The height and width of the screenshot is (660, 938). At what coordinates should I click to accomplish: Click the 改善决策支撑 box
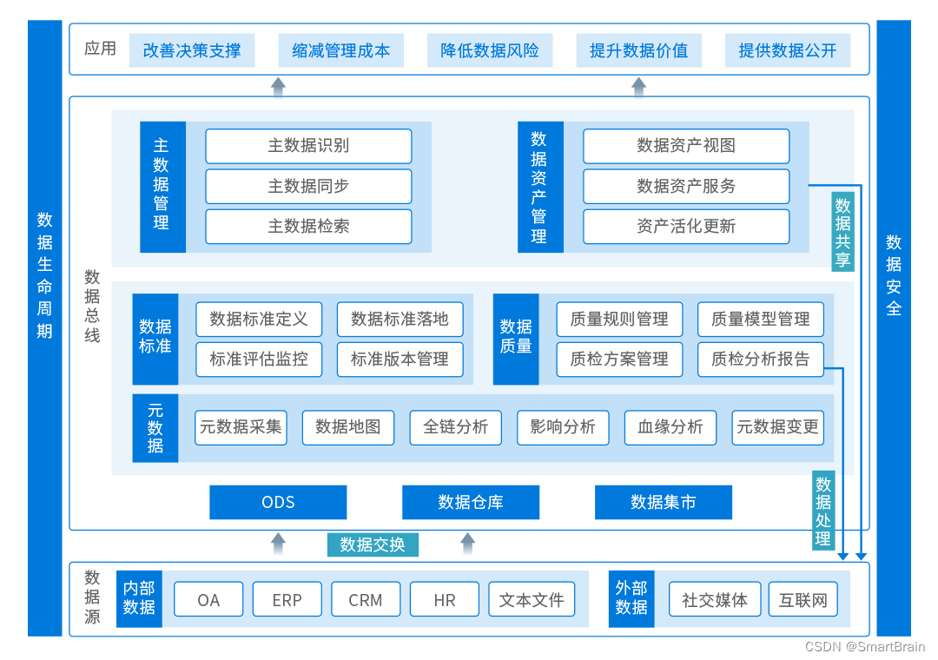coord(192,50)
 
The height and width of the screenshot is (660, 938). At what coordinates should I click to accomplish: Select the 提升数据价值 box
coord(638,50)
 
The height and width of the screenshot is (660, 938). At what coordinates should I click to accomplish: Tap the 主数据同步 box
coord(308,186)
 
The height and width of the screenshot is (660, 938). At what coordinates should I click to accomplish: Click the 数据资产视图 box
coord(686,146)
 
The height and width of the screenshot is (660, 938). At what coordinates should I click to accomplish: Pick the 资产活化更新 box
coord(686,227)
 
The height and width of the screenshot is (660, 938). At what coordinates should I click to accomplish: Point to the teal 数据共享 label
coord(842,232)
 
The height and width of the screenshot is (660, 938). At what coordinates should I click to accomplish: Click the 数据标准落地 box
coord(400,320)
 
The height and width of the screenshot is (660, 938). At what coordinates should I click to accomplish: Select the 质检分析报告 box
coord(760,360)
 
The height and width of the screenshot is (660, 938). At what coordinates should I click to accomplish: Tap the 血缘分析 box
coord(670,427)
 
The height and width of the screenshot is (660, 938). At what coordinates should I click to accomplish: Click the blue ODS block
coord(278,502)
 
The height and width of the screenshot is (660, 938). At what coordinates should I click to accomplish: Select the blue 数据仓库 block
coord(471,502)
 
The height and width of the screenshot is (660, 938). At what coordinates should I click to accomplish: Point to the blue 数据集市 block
coord(663,502)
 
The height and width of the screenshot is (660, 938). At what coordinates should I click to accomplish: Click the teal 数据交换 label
coord(373,544)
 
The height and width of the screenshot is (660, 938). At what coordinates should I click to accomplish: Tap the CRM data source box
coord(366,600)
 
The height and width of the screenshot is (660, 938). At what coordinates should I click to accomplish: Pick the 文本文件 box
coord(532,600)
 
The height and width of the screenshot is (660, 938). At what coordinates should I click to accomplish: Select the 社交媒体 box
coord(715,600)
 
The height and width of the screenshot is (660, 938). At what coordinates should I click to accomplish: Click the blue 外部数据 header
coord(631,598)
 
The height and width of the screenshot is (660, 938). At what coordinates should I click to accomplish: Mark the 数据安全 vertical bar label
coord(894,275)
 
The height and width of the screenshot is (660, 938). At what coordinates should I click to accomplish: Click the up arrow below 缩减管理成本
coord(278,86)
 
